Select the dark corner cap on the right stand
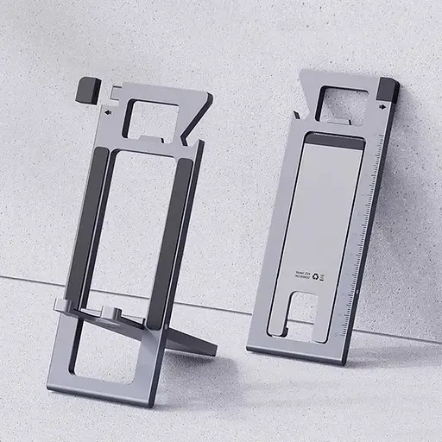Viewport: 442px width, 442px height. (x=388, y=90)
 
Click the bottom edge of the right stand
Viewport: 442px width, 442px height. (x=294, y=355)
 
